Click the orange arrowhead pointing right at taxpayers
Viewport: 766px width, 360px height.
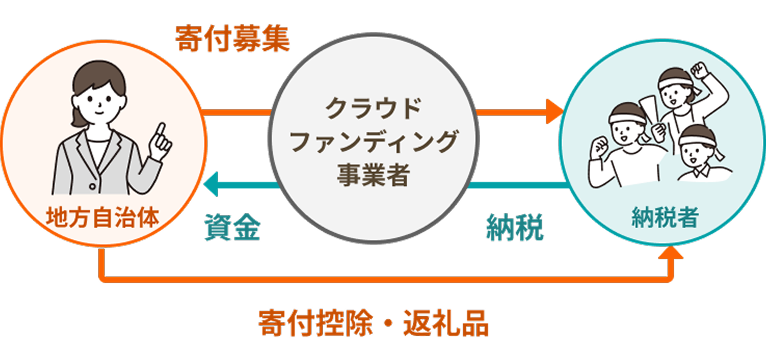pos(553,109)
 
